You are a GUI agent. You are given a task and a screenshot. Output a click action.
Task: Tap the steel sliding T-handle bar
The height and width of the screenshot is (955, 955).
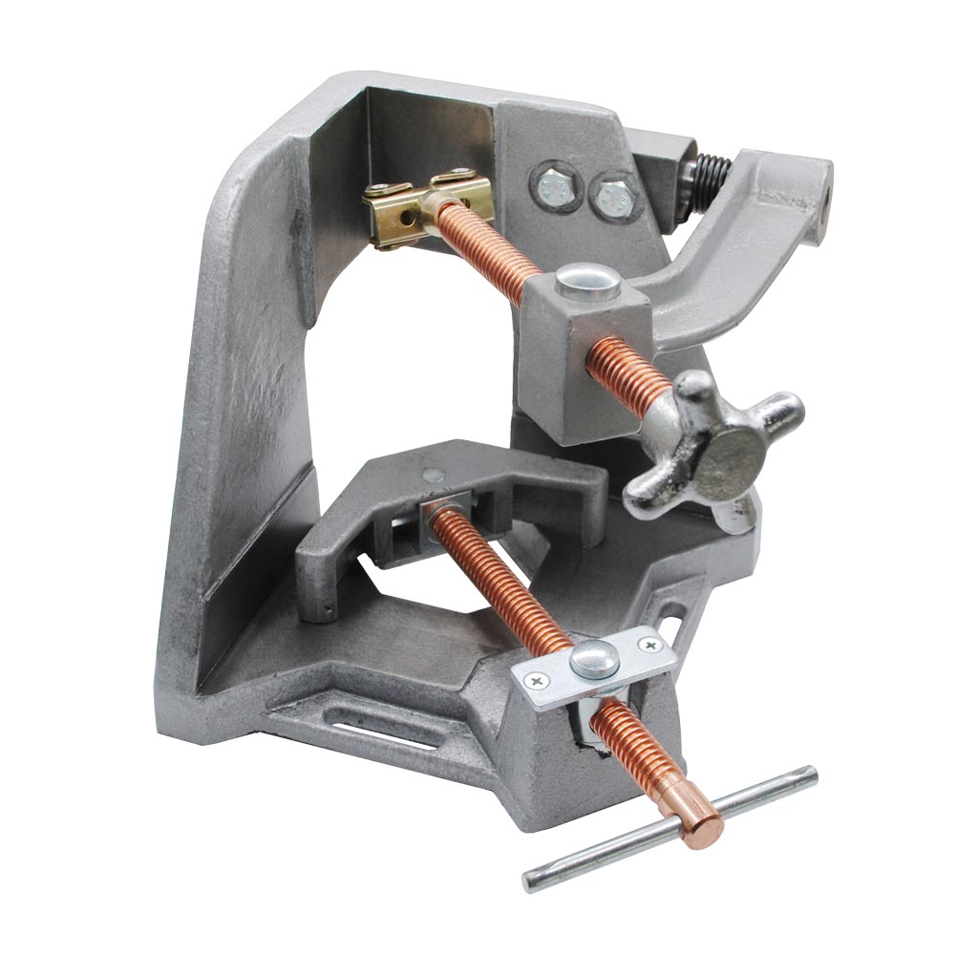click(668, 830)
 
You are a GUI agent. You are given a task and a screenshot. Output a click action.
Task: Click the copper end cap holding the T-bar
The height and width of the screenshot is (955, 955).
click(702, 816)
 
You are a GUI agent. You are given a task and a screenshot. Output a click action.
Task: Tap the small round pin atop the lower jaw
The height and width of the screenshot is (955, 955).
click(434, 472)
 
